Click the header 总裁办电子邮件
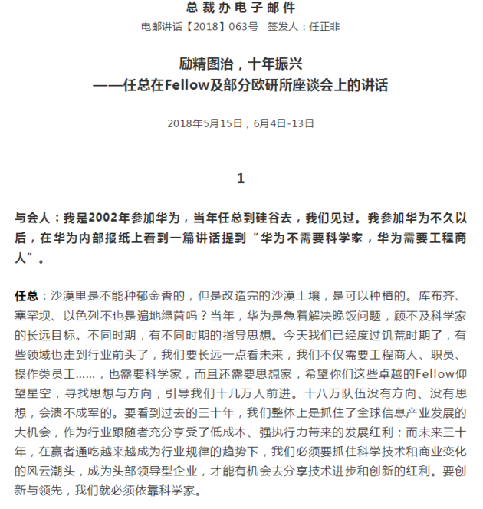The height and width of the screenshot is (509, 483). tap(241, 8)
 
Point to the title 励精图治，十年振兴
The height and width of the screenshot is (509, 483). tap(241, 64)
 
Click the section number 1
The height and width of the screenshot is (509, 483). tap(241, 179)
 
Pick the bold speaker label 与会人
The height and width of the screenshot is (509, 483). tap(33, 218)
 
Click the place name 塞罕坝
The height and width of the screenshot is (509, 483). tap(33, 314)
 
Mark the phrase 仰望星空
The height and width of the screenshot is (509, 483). tap(451, 373)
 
